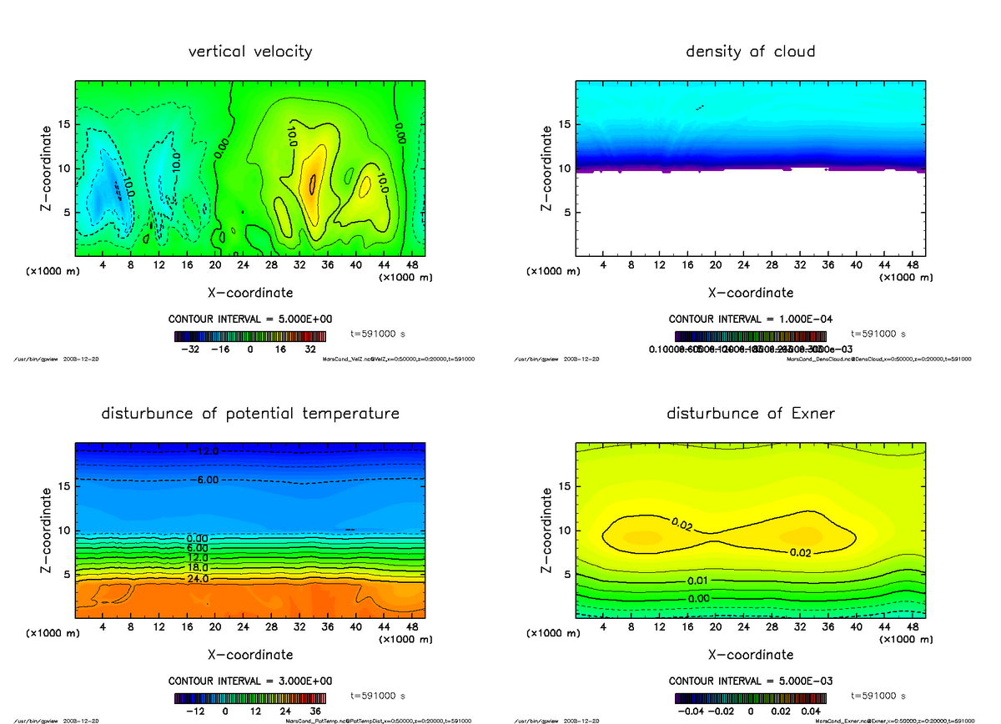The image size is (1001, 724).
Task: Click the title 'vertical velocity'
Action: click(250, 52)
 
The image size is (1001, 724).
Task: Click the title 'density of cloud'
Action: click(750, 52)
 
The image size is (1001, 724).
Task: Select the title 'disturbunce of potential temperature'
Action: click(250, 414)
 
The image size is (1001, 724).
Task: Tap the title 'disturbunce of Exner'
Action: click(750, 414)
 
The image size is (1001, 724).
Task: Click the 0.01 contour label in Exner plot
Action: click(699, 581)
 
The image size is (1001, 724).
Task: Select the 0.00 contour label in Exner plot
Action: click(699, 598)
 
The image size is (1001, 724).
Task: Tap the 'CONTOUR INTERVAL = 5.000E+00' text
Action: click(250, 319)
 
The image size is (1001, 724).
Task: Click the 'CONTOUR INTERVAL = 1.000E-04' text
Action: click(750, 319)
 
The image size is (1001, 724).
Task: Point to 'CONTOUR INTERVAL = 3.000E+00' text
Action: click(250, 681)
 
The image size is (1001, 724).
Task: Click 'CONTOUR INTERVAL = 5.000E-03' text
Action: click(750, 681)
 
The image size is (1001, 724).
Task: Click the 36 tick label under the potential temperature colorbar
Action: click(317, 711)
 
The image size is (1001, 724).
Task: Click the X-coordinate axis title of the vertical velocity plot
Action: click(250, 293)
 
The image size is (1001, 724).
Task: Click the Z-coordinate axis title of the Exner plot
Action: click(547, 530)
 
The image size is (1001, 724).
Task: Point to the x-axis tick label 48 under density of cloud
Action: click(913, 266)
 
